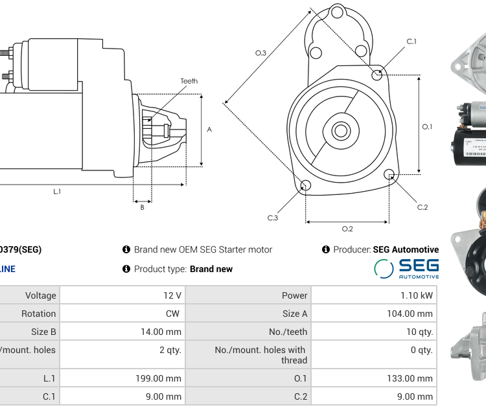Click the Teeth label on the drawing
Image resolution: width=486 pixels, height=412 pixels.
(189, 81)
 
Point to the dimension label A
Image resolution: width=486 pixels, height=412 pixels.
(209, 130)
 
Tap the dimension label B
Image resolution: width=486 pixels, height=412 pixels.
(142, 207)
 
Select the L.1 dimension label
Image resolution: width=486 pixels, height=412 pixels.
(57, 191)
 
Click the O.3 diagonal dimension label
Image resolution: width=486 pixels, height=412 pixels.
(260, 53)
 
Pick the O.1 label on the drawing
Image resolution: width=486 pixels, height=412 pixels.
(427, 127)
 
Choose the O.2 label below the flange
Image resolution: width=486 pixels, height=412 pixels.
(347, 229)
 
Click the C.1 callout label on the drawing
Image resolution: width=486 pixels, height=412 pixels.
(411, 41)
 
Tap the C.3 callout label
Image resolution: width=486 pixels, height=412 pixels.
(273, 218)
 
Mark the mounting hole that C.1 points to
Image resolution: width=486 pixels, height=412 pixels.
(377, 75)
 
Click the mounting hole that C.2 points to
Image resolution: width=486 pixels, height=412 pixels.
(389, 174)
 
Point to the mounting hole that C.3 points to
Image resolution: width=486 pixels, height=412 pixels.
(307, 187)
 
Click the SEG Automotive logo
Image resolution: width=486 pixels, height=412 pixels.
(406, 268)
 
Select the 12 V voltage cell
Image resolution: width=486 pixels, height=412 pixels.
(172, 295)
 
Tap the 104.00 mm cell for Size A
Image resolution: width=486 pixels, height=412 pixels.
(406, 314)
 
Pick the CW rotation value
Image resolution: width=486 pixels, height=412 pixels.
(174, 314)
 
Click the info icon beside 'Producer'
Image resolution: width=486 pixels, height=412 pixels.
(326, 249)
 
